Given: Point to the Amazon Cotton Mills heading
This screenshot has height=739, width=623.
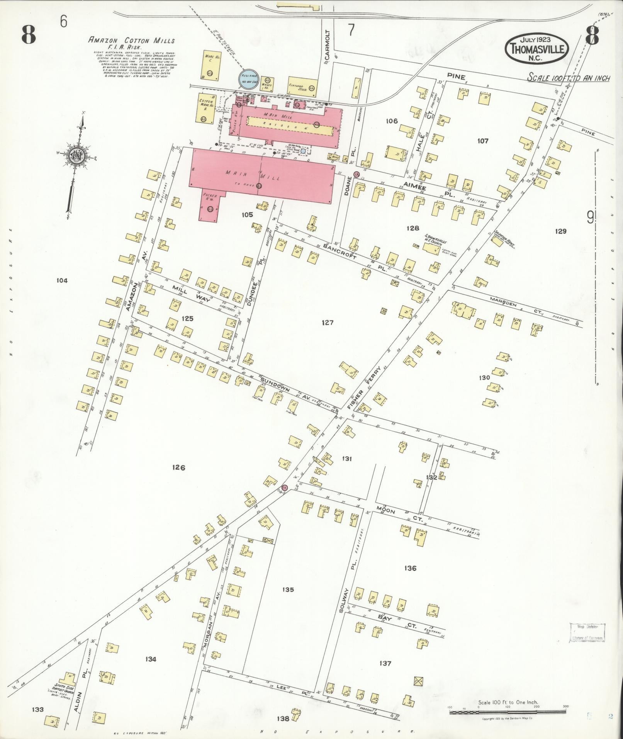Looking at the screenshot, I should click(132, 41).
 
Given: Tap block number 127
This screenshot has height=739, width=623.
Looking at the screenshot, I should click(327, 323).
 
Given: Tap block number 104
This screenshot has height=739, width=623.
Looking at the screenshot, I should click(62, 280).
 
